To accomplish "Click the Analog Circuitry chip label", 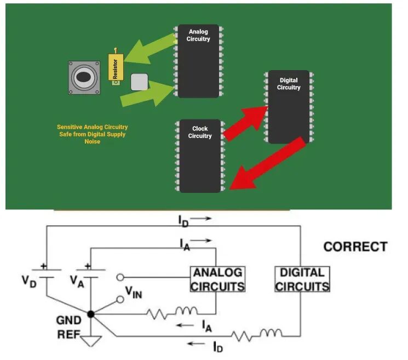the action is click(x=198, y=35).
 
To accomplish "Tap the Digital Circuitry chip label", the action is click(x=289, y=84).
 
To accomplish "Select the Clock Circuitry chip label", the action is click(x=200, y=132).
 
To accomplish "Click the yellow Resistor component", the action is click(x=116, y=67).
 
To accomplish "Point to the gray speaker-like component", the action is click(x=84, y=78).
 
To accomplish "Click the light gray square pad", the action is click(x=139, y=82).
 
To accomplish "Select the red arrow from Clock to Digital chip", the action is click(x=246, y=123).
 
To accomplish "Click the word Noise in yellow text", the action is click(x=93, y=141).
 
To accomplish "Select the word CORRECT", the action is click(x=355, y=247).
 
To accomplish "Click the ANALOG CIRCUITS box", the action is click(x=218, y=279).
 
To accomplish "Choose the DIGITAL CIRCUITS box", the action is click(x=302, y=279).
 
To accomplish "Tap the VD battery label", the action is click(x=29, y=282).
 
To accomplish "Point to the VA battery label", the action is click(x=77, y=282).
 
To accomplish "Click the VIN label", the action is click(x=134, y=293).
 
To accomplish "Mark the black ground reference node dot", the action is click(x=90, y=314).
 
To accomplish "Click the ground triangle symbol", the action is click(x=91, y=341).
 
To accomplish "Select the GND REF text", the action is click(x=69, y=327).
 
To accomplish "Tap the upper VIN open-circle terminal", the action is click(x=120, y=277).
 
